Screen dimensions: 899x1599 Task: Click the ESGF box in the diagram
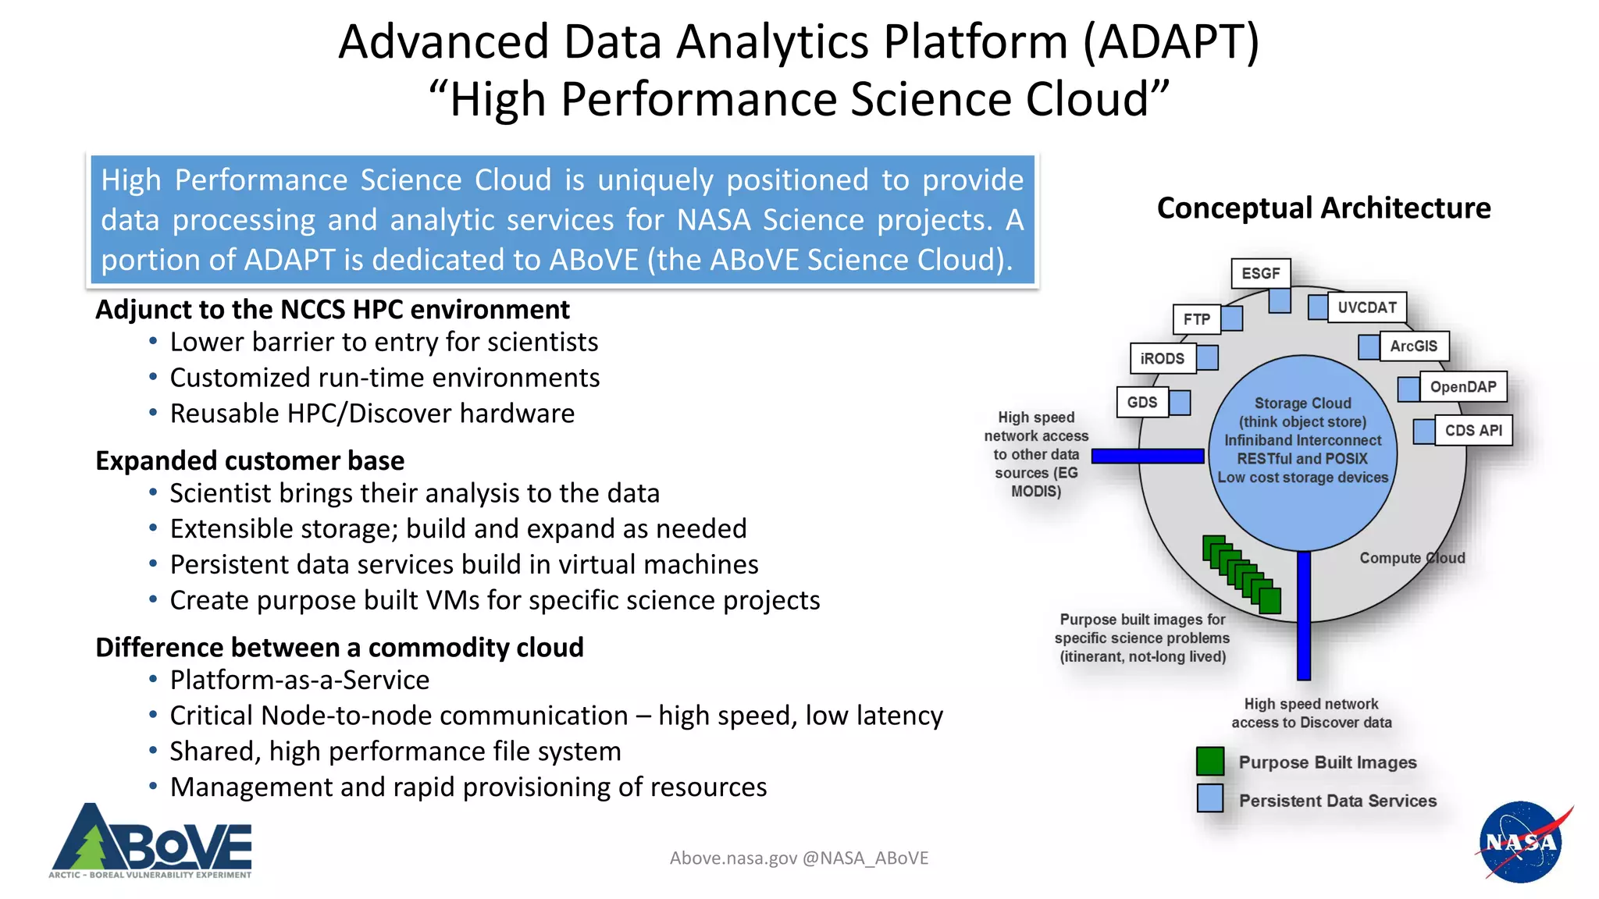point(1260,274)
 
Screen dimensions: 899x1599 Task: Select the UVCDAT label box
point(1366,307)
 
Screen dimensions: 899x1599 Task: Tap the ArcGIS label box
point(1413,346)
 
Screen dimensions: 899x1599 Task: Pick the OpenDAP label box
point(1462,387)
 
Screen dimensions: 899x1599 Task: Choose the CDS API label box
point(1473,431)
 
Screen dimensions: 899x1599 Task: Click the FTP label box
point(1196,319)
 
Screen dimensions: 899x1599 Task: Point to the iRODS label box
point(1162,359)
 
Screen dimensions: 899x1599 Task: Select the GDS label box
point(1141,403)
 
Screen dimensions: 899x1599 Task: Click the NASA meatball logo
point(1520,842)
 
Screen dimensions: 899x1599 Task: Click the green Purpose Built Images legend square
point(1209,761)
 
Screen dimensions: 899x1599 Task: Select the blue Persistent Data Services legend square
point(1209,798)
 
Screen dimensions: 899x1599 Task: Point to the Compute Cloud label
point(1412,558)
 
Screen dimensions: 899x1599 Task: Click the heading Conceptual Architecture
point(1323,208)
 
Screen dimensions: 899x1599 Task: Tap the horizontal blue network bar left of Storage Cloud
point(1147,457)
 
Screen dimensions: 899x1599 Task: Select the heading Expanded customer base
point(250,460)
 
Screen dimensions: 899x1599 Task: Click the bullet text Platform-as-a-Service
point(299,680)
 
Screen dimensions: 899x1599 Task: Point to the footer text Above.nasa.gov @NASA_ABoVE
point(799,858)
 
